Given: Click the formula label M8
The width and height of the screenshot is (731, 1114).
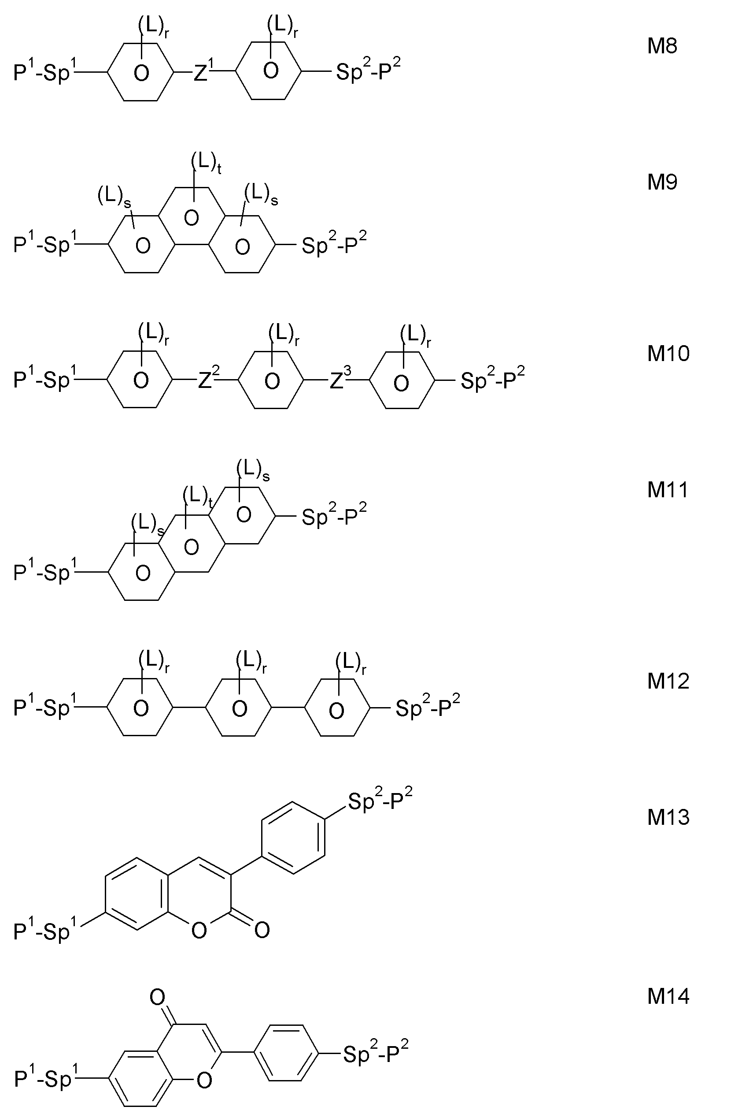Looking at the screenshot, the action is (x=662, y=46).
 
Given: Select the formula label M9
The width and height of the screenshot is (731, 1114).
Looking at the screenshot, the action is (x=662, y=182).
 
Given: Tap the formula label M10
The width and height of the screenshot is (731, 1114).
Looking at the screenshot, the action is (x=668, y=354).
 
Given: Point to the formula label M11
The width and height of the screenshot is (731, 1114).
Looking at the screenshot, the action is (x=668, y=490).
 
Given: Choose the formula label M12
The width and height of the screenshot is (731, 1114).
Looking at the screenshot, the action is (x=668, y=681).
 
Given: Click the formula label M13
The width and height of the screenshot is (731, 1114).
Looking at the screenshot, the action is (x=668, y=817).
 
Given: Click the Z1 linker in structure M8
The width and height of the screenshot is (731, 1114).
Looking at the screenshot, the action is (x=203, y=71).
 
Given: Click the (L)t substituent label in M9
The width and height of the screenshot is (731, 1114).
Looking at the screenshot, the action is (x=206, y=164).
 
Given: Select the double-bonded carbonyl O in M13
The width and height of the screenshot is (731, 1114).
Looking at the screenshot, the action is (x=262, y=930).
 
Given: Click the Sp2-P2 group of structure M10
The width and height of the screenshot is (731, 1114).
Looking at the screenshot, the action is (x=492, y=379).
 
